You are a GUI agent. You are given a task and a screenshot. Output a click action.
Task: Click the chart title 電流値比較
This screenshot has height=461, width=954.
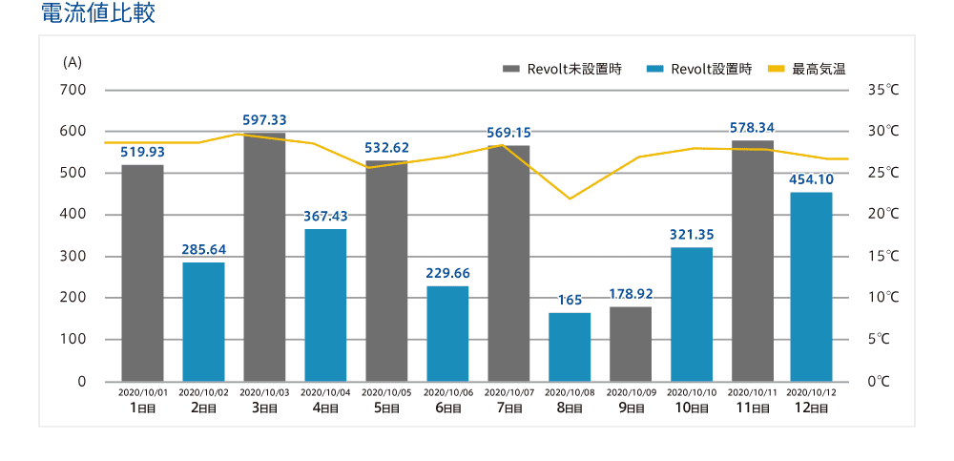tap(98, 14)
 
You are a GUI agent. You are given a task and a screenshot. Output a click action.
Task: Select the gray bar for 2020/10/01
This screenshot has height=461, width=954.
tap(142, 273)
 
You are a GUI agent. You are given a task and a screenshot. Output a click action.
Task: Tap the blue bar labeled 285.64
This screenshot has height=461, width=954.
tap(203, 322)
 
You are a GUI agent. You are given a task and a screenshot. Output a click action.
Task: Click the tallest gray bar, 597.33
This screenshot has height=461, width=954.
tap(264, 257)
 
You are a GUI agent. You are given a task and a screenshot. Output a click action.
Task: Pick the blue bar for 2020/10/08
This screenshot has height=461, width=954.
tap(570, 346)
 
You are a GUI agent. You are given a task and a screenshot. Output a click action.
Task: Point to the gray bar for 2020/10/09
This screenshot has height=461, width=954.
tap(631, 344)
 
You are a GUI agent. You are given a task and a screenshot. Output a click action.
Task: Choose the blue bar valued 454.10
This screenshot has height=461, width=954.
tap(811, 286)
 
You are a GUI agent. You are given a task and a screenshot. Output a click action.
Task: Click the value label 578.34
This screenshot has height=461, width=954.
tap(753, 127)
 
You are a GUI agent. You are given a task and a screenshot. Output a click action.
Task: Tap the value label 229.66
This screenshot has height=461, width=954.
tap(447, 273)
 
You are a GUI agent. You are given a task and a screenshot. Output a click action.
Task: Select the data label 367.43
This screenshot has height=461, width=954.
tap(325, 216)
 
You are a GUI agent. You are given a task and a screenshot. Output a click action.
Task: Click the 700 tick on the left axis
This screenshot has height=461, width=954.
tap(73, 90)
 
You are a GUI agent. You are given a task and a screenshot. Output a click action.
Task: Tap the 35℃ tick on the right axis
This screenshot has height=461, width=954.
tap(882, 90)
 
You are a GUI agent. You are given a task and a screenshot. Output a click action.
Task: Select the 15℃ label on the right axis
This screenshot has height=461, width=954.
tap(882, 256)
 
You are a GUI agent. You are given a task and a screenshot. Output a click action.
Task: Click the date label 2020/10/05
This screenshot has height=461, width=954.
tap(386, 392)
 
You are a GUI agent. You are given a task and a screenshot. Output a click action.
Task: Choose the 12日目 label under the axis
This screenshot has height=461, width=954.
tap(812, 408)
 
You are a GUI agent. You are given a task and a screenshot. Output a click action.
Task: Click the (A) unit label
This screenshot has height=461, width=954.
tap(73, 62)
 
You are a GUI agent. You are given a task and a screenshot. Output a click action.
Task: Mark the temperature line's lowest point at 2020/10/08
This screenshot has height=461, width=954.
tap(570, 199)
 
